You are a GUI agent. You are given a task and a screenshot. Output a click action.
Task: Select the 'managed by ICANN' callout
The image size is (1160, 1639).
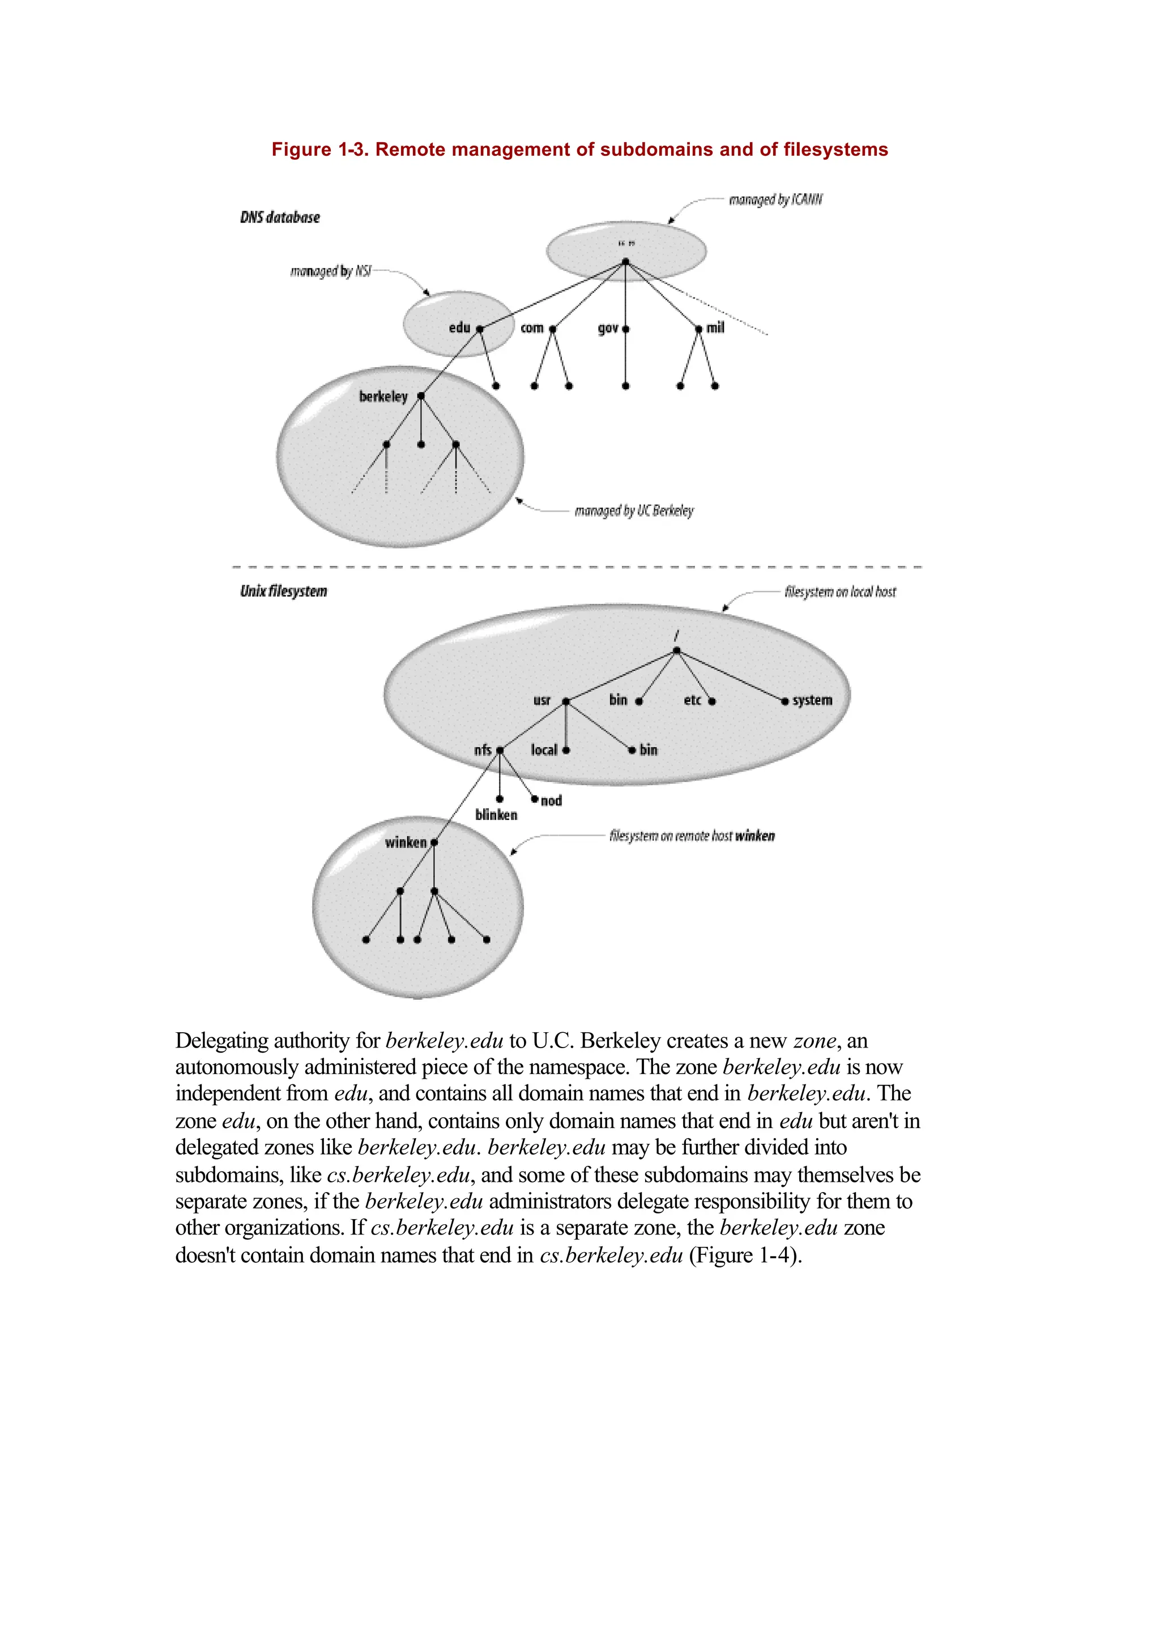(x=775, y=200)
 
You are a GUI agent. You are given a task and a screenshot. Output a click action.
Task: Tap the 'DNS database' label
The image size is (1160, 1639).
(x=280, y=217)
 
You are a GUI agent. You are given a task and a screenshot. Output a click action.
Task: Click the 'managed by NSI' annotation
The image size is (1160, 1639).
(x=331, y=271)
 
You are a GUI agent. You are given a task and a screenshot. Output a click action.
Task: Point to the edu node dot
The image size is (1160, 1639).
(x=480, y=329)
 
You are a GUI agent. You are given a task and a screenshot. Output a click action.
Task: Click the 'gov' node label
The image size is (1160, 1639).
(x=608, y=328)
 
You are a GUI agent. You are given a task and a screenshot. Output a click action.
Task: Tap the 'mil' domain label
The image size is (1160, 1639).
(x=715, y=328)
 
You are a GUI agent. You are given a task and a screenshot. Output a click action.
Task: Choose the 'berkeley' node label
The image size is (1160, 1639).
(x=383, y=397)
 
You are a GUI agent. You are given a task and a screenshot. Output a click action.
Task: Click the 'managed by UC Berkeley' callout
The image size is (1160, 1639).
(x=634, y=511)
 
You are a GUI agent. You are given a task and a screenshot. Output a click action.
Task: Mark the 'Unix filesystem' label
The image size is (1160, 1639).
(x=284, y=591)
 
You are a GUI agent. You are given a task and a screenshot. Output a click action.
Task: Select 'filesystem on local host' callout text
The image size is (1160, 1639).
(x=840, y=591)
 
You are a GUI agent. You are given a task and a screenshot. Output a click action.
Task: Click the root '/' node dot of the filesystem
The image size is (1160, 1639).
(x=676, y=651)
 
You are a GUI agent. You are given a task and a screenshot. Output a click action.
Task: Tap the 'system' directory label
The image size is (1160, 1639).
(x=812, y=700)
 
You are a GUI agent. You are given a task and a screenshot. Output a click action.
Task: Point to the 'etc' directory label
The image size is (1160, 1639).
(x=692, y=700)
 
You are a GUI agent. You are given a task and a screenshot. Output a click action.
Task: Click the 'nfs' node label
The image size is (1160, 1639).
(x=483, y=750)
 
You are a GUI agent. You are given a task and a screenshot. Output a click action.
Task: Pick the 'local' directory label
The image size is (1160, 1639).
(x=544, y=750)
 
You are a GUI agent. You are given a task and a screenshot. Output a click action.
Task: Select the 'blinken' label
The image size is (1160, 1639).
(x=496, y=815)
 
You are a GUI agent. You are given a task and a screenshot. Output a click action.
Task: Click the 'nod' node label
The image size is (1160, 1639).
(x=552, y=801)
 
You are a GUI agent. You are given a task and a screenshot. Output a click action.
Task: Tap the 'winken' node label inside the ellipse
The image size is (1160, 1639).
(x=406, y=842)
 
